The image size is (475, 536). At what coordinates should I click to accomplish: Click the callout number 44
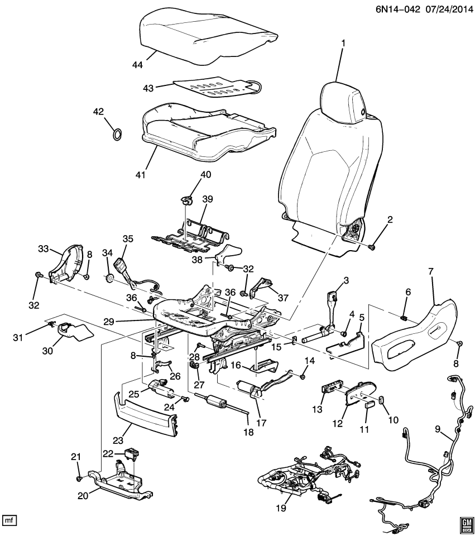137,65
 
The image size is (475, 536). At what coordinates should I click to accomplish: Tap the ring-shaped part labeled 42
118,134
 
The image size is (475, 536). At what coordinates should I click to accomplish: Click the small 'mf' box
9,520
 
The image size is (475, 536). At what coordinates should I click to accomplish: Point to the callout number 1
343,43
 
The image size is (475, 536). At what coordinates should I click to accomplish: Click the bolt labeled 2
372,247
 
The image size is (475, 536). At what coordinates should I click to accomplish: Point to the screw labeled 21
80,478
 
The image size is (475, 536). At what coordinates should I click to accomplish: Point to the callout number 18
247,432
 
